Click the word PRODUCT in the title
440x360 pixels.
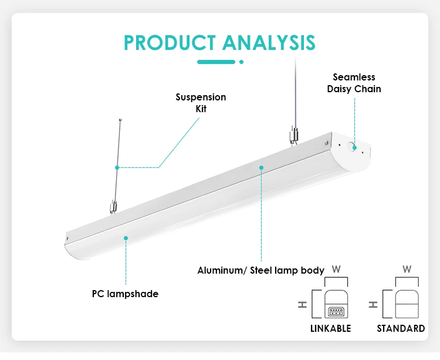click(x=170, y=43)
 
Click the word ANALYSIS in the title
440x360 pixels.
click(x=269, y=43)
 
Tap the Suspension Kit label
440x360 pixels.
click(x=201, y=103)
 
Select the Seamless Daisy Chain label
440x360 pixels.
click(x=354, y=83)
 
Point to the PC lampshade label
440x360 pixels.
click(x=125, y=294)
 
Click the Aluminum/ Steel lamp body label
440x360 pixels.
click(x=260, y=270)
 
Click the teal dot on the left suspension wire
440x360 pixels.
click(x=117, y=167)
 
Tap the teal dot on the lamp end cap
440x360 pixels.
click(x=355, y=148)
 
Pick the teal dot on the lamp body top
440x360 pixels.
click(x=261, y=167)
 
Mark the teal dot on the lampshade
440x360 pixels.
click(x=126, y=238)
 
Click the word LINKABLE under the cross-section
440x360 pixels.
click(x=330, y=328)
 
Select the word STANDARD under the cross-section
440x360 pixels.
click(x=401, y=328)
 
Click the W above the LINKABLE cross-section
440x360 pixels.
click(x=336, y=270)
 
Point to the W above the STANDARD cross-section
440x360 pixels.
click(x=407, y=270)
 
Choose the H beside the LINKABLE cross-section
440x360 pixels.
click(x=302, y=305)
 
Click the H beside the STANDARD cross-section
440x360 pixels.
click(x=373, y=305)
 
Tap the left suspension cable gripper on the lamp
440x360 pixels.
click(x=113, y=207)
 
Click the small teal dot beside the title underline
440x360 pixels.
click(x=241, y=62)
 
